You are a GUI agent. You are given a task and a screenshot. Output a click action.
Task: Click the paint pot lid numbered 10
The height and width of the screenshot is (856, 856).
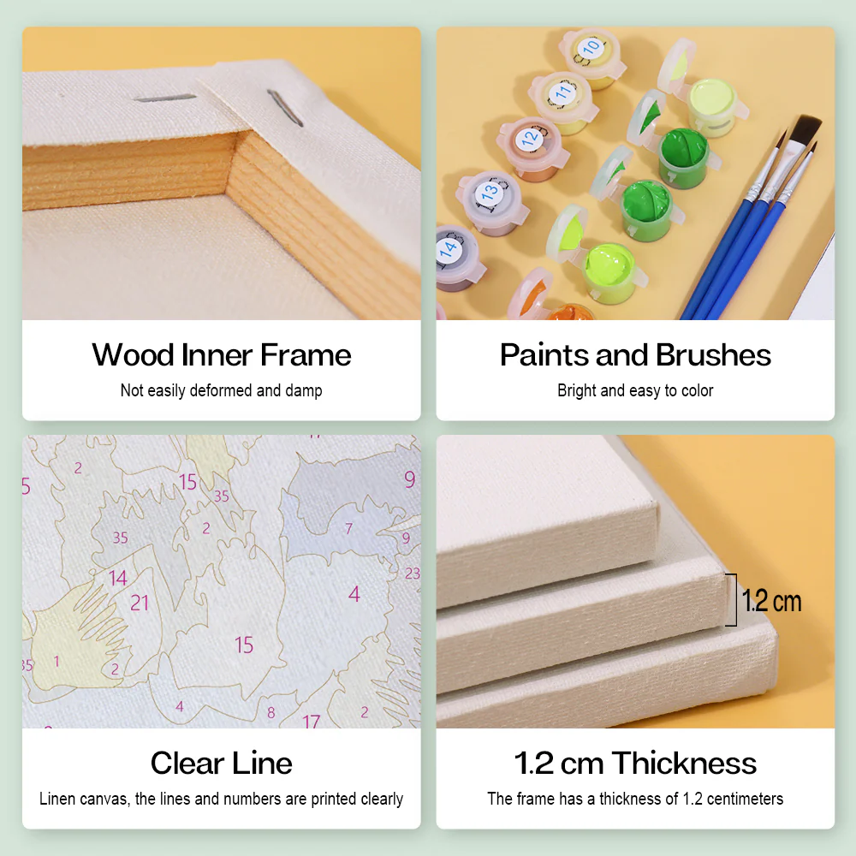[x=590, y=48]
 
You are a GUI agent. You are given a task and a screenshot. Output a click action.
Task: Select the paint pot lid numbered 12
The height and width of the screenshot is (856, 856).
[x=530, y=137]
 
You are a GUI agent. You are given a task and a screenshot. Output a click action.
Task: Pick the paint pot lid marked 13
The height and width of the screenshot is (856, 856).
[x=489, y=193]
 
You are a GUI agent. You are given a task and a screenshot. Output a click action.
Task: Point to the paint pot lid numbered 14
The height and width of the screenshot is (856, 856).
[x=449, y=249]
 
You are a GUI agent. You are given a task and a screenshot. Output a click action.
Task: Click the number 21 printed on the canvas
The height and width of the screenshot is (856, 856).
[x=140, y=603]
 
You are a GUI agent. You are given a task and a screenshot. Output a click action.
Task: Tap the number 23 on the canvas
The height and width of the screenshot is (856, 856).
[x=413, y=574]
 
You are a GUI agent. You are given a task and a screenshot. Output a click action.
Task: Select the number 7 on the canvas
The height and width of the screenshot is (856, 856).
[x=348, y=529]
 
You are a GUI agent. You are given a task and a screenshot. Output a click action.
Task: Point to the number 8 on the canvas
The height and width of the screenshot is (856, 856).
[x=271, y=712]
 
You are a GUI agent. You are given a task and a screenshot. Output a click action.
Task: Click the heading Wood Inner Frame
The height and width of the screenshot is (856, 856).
[x=222, y=354]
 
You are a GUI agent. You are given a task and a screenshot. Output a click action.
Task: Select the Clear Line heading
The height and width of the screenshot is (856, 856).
[x=222, y=763]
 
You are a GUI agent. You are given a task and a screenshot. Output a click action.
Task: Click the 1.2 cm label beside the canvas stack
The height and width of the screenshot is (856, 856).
[x=771, y=601]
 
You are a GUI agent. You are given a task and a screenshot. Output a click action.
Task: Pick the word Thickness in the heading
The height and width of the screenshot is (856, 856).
[x=684, y=763]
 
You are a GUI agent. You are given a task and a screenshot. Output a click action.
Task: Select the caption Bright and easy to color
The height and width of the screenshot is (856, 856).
[x=635, y=391]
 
